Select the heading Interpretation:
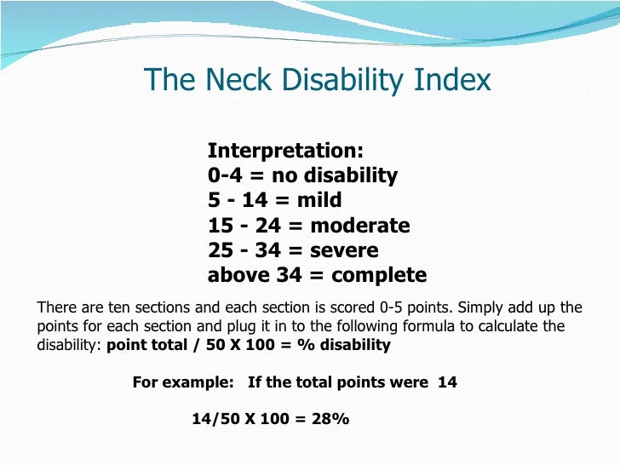[285, 151]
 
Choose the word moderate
[360, 226]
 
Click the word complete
[379, 275]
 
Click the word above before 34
[236, 275]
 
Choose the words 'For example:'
[182, 382]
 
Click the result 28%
[331, 420]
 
